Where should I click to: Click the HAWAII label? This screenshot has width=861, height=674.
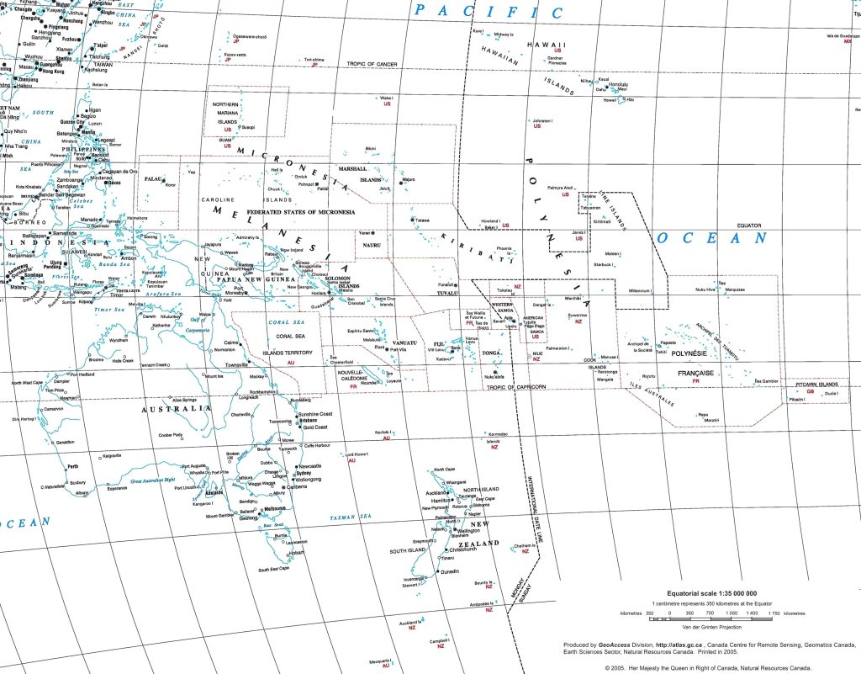pyautogui.click(x=546, y=45)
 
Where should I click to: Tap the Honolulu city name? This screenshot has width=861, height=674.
pyautogui.click(x=619, y=84)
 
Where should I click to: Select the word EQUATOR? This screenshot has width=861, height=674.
pyautogui.click(x=749, y=226)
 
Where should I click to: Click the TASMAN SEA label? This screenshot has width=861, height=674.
pyautogui.click(x=351, y=517)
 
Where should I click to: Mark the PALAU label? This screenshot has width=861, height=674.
pyautogui.click(x=153, y=179)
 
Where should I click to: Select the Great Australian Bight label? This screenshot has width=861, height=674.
pyautogui.click(x=135, y=480)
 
